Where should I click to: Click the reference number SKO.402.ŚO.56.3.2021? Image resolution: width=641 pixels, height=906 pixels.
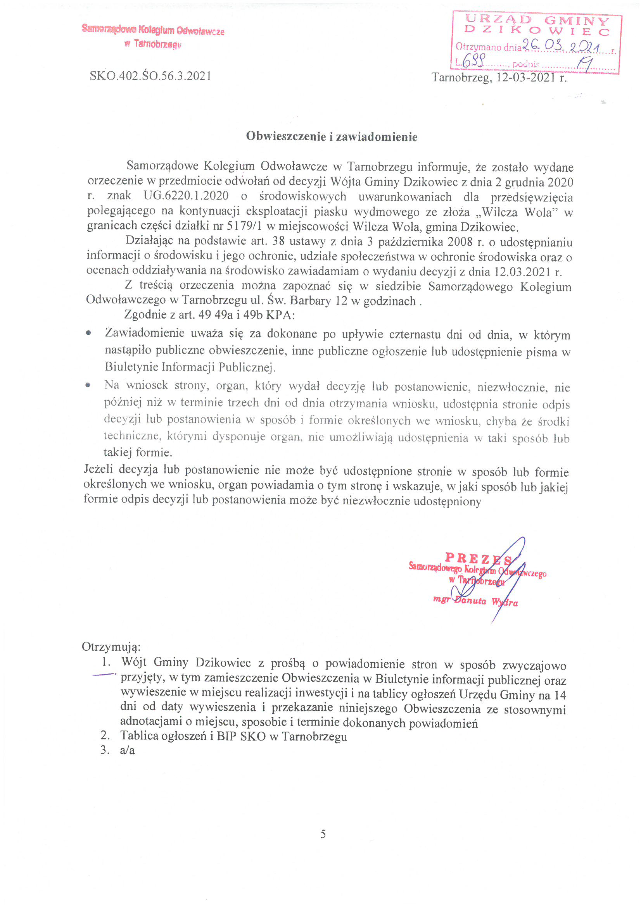(150, 76)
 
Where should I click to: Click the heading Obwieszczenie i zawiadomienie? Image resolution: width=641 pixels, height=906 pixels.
(332, 136)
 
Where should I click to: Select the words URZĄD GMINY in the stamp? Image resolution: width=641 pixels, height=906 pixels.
(537, 20)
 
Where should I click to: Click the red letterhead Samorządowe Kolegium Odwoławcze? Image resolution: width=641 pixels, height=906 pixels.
(153, 30)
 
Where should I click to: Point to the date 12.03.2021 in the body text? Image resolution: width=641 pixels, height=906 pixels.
(523, 272)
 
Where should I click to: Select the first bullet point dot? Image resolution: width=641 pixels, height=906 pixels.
(88, 333)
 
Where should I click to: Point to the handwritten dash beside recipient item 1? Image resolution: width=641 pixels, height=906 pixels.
(104, 675)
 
